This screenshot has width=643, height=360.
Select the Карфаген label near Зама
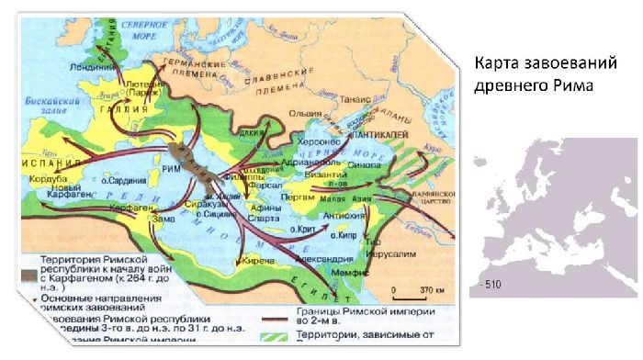(x=130, y=208)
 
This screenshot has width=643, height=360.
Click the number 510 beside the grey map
(x=491, y=285)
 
